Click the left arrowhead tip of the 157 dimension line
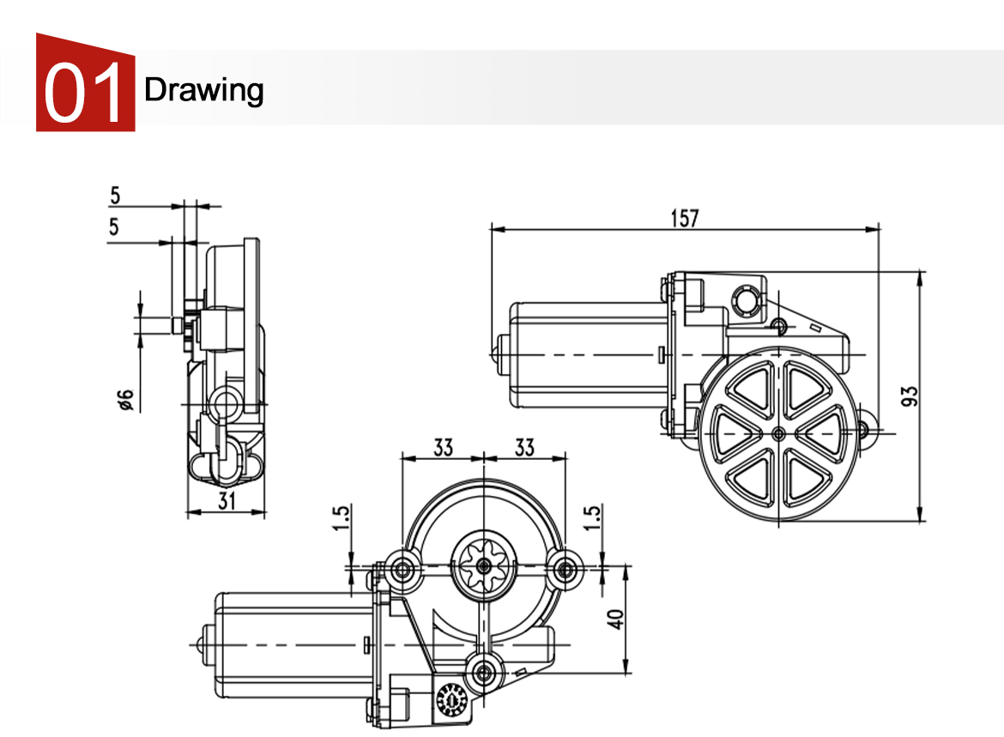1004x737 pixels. click(491, 228)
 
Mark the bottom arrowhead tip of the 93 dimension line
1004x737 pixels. click(921, 521)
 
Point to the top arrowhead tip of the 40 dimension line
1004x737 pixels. click(626, 566)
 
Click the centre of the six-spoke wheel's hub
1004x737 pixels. click(778, 434)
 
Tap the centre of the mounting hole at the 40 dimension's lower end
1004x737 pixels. click(484, 673)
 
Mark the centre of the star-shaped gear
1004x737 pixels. click(484, 566)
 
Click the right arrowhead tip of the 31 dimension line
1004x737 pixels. click(265, 512)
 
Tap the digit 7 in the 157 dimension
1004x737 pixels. click(693, 218)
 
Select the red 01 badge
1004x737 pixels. click(85, 82)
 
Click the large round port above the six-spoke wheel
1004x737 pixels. click(746, 300)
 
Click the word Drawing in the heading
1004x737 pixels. click(203, 90)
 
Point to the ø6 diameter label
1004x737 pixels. click(125, 399)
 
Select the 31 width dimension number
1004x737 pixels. click(227, 500)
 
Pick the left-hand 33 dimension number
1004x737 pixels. click(443, 448)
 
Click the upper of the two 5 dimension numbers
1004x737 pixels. click(115, 196)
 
